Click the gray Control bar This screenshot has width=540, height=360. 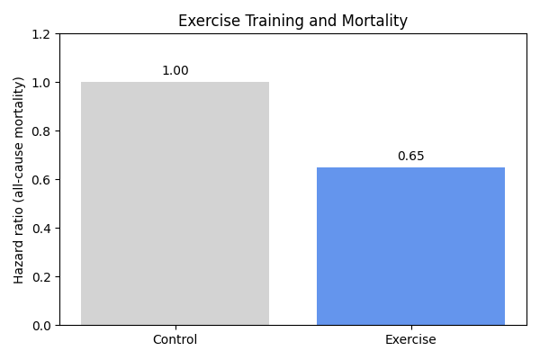coord(175,203)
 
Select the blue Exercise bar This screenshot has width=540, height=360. coord(410,246)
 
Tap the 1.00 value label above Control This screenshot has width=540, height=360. coord(175,71)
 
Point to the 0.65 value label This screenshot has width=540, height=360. coord(410,157)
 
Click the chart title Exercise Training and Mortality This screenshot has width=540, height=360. coord(292,21)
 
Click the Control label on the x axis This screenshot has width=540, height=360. coord(175,340)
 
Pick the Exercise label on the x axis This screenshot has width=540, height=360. coord(410,340)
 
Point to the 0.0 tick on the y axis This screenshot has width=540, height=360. coord(42,326)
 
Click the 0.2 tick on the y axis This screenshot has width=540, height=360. coord(42,277)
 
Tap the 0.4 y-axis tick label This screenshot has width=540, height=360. coord(42,229)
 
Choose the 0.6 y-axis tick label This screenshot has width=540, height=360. coord(42,180)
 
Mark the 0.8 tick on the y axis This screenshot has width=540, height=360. coord(42,131)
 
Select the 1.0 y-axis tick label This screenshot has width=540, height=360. coord(42,83)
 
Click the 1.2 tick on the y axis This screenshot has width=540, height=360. coord(42,34)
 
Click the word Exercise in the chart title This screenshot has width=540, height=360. coord(206,21)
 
